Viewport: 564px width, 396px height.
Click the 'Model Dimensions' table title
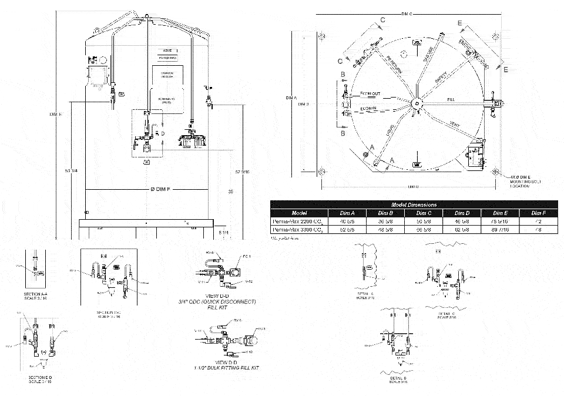(x=409, y=204)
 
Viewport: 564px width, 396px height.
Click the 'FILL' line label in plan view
(x=451, y=100)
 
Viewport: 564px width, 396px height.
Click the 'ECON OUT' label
(x=370, y=94)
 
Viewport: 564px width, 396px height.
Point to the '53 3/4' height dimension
(x=72, y=171)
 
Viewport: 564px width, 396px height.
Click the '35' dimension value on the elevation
(x=231, y=192)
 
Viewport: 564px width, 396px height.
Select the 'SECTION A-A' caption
(x=36, y=294)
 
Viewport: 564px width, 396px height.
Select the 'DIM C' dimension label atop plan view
(x=407, y=13)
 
